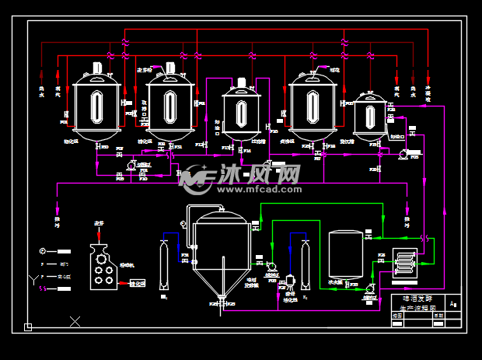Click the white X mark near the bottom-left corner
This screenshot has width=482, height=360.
tap(75, 320)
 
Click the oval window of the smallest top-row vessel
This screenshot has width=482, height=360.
tap(368, 116)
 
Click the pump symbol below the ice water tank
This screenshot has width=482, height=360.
tap(370, 288)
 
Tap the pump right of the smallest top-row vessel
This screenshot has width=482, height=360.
tap(403, 154)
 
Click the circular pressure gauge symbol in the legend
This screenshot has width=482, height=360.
tap(44, 251)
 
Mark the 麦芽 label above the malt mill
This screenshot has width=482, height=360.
tap(99, 224)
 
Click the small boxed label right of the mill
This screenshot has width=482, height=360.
tap(136, 284)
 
